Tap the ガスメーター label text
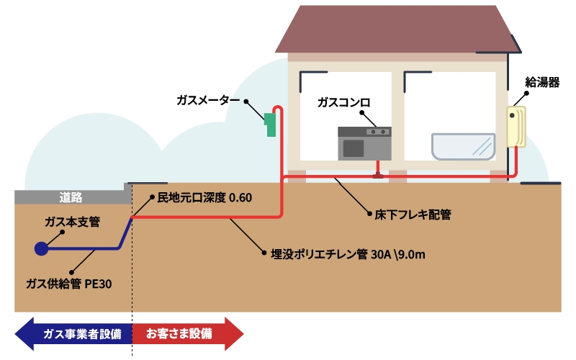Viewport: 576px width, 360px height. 208,100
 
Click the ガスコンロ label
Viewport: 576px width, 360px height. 343,103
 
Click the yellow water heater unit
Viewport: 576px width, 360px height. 516,127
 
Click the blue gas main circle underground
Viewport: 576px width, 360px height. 41,248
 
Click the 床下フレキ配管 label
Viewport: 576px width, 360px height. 413,215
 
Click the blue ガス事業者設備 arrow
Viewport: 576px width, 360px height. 72,334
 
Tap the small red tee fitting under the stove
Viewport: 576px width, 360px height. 376,174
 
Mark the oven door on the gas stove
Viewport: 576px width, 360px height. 353,148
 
